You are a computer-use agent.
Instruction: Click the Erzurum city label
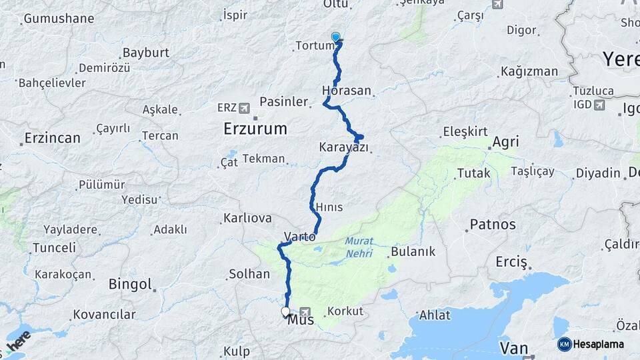tap(255, 128)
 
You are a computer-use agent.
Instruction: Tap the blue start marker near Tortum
tap(335, 38)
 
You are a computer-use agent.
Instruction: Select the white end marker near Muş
tap(286, 311)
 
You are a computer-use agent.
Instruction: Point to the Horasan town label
tap(346, 90)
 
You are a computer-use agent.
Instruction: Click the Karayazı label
tap(343, 147)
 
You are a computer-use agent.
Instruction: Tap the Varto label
tap(299, 236)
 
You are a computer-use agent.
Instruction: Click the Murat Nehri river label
tap(359, 247)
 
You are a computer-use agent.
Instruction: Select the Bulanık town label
tap(413, 251)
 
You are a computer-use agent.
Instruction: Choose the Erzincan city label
tap(52, 138)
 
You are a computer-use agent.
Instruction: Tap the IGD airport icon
tap(599, 105)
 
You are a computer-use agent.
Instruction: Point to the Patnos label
tap(493, 224)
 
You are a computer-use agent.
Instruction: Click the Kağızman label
tap(529, 71)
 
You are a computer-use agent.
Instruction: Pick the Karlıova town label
tap(247, 218)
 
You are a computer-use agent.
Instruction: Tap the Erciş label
tap(511, 261)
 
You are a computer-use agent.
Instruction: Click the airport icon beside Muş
tap(305, 311)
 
